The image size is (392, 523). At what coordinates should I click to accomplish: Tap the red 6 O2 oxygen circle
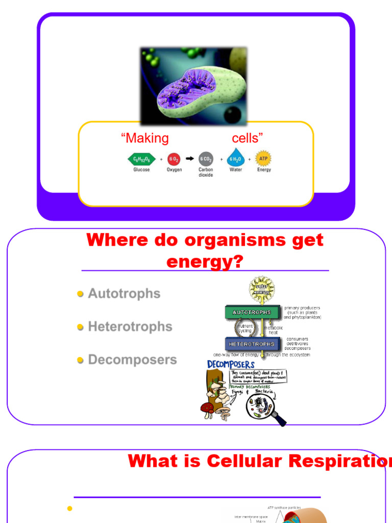174,159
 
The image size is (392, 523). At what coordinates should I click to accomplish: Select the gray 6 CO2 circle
206,159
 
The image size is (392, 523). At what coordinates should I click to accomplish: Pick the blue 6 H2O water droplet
236,158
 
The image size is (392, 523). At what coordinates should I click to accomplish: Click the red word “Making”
144,138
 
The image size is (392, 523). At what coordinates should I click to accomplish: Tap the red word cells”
248,138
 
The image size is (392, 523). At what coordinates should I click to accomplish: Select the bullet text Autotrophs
124,294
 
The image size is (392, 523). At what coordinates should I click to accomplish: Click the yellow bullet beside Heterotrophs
80,327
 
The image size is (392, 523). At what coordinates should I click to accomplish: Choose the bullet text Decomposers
132,360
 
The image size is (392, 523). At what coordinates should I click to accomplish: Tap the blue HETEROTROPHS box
251,344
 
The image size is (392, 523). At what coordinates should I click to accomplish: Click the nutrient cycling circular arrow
244,328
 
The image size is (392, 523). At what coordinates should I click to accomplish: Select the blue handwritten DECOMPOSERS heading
231,365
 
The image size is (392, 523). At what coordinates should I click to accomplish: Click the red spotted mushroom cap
207,407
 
